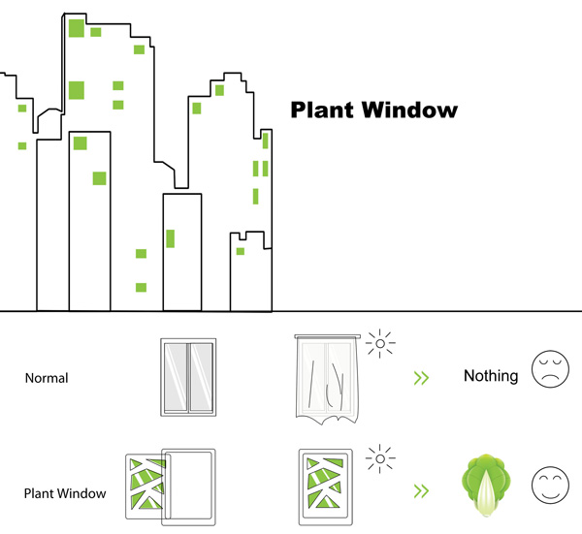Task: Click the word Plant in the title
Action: (323, 110)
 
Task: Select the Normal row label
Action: (47, 378)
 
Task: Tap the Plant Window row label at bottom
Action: (65, 493)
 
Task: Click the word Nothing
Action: (490, 376)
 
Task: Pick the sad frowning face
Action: (550, 373)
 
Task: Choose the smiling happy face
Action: (550, 487)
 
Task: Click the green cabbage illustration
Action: (484, 485)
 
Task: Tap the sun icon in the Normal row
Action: (381, 343)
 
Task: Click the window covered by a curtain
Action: (327, 380)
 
